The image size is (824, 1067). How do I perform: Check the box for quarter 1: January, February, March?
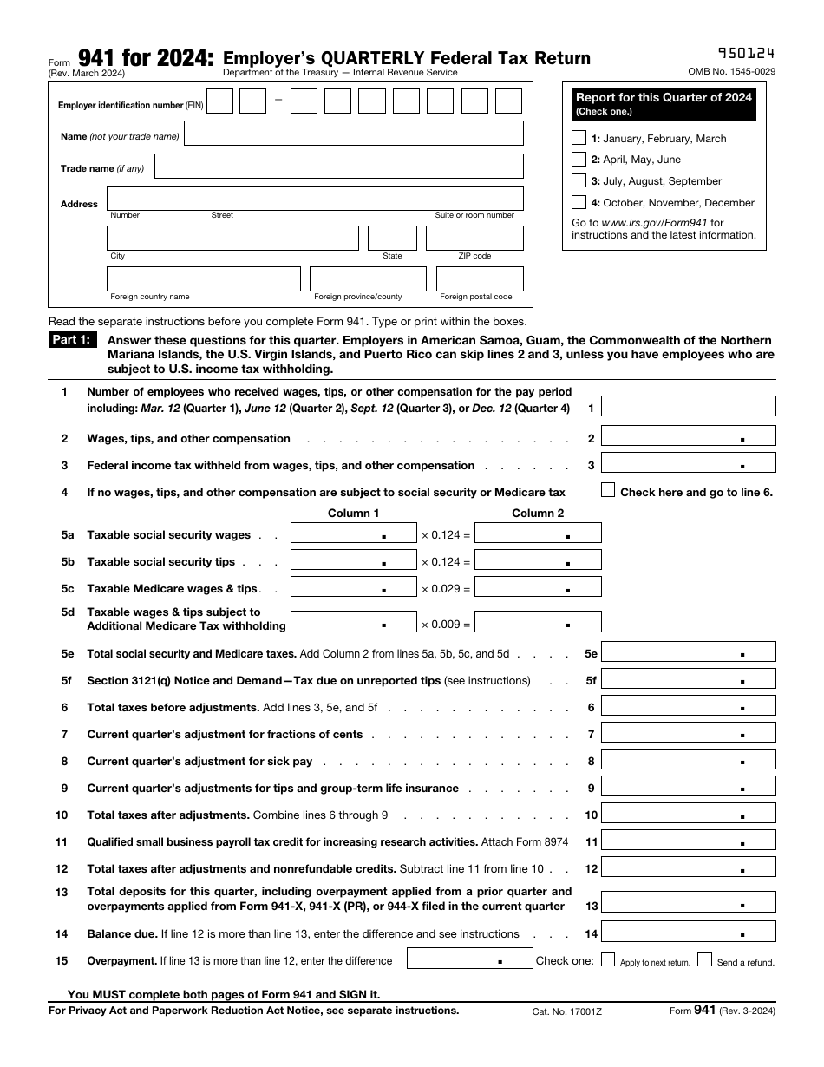click(x=579, y=138)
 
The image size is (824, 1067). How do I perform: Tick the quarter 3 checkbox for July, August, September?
click(x=579, y=180)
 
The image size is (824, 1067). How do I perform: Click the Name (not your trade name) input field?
click(x=354, y=134)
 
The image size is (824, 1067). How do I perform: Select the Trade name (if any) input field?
click(x=338, y=167)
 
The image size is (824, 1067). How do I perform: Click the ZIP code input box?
click(x=474, y=238)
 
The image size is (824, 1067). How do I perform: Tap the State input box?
click(x=392, y=238)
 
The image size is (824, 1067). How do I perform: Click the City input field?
click(x=232, y=238)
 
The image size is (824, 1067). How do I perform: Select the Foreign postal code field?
click(x=480, y=278)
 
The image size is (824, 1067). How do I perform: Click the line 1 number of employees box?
click(x=688, y=406)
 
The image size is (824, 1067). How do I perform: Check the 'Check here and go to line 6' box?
click(x=608, y=490)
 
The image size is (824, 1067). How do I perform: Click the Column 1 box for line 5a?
click(x=353, y=533)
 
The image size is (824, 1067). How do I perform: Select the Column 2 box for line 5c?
click(x=538, y=587)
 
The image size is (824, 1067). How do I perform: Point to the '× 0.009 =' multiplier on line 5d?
click(x=446, y=624)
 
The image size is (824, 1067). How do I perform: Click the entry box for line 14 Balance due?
click(x=688, y=933)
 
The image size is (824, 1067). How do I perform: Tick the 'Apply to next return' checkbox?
click(x=608, y=959)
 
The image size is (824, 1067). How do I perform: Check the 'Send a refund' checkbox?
click(x=704, y=959)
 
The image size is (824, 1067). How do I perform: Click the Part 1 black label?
click(x=73, y=341)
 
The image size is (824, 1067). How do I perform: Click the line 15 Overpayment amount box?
click(x=469, y=959)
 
